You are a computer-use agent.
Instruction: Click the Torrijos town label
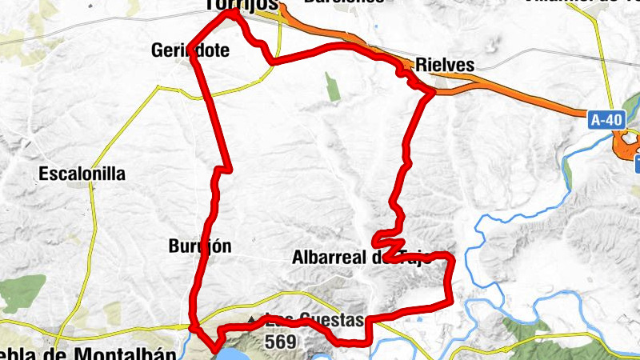coord(241,5)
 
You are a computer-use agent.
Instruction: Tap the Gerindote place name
coord(190,51)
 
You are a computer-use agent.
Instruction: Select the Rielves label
coord(445,66)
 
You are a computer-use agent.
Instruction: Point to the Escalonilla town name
coord(82,174)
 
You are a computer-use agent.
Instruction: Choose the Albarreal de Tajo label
coord(362,258)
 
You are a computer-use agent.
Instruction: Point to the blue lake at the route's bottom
coord(240,353)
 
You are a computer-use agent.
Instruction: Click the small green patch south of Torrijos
coord(332,87)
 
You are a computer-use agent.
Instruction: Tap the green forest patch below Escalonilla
coord(22,293)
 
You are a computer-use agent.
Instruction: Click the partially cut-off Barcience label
coord(344,3)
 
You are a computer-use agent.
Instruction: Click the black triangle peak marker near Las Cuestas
coord(253,320)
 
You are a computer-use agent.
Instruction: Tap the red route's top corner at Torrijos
coord(233,12)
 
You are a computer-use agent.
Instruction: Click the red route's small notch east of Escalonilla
coord(225,170)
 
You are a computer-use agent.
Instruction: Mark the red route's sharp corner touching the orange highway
coord(432,93)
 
